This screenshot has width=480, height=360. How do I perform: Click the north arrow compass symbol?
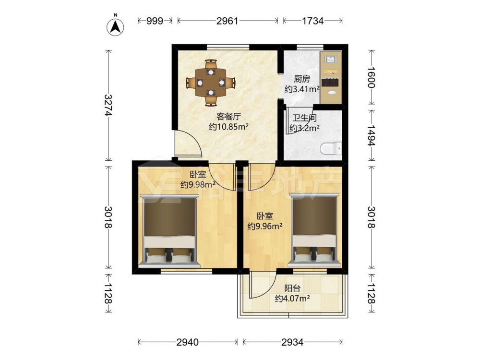tap(115, 26)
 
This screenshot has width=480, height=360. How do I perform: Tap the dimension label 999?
tap(155, 21)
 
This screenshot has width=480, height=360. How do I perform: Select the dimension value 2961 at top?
tap(227, 21)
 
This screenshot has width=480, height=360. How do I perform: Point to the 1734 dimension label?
tap(312, 21)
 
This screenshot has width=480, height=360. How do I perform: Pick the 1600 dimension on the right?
tap(371, 77)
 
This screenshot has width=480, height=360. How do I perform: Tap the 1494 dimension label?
tap(371, 135)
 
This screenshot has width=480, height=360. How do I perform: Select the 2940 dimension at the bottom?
tap(187, 342)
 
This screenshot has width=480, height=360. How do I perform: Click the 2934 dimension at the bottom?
tap(292, 342)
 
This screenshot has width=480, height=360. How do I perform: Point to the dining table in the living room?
tap(211, 83)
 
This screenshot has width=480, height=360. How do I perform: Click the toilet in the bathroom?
tap(331, 148)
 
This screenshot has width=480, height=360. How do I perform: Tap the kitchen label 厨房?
tap(302, 79)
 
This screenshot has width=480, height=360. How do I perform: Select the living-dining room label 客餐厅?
tap(228, 116)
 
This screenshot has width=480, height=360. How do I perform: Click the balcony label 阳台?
tap(292, 288)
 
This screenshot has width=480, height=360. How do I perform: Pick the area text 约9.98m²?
tap(198, 185)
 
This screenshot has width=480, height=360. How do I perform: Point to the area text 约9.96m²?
tap(265, 226)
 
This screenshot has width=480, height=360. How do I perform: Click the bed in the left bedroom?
tap(169, 231)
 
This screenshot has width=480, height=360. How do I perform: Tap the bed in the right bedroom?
tap(314, 229)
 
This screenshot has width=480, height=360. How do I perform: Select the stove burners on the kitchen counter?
tap(330, 82)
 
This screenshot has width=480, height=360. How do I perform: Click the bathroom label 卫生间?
tap(304, 118)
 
